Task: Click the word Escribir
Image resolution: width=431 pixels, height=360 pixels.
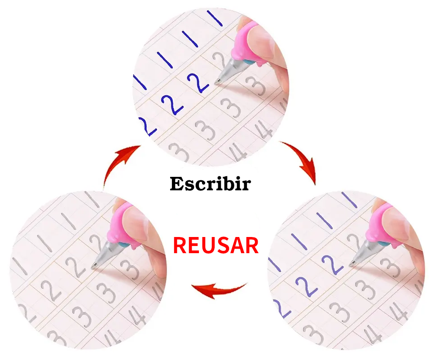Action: click(210, 184)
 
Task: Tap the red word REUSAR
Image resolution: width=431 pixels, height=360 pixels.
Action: click(216, 245)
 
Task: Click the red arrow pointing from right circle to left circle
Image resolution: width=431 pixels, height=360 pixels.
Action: click(219, 290)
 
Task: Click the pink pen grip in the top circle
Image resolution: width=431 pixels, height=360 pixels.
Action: click(246, 44)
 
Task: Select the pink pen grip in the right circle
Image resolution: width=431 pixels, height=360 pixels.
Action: click(382, 225)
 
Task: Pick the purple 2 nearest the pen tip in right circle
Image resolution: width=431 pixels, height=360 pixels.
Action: click(332, 264)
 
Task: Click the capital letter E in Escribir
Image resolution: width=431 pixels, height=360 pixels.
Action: click(176, 184)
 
